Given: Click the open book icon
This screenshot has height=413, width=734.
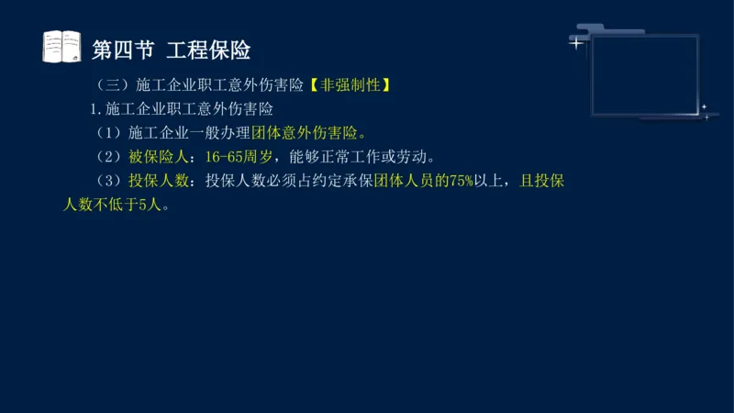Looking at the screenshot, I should (x=62, y=47).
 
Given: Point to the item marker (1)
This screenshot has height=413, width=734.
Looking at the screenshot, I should (x=110, y=133).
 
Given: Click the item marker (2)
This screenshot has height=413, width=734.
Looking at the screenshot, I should (x=110, y=156).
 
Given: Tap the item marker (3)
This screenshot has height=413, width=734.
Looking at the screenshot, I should (x=110, y=181).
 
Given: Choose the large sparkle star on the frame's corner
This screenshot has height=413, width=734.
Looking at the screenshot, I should (x=576, y=43).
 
